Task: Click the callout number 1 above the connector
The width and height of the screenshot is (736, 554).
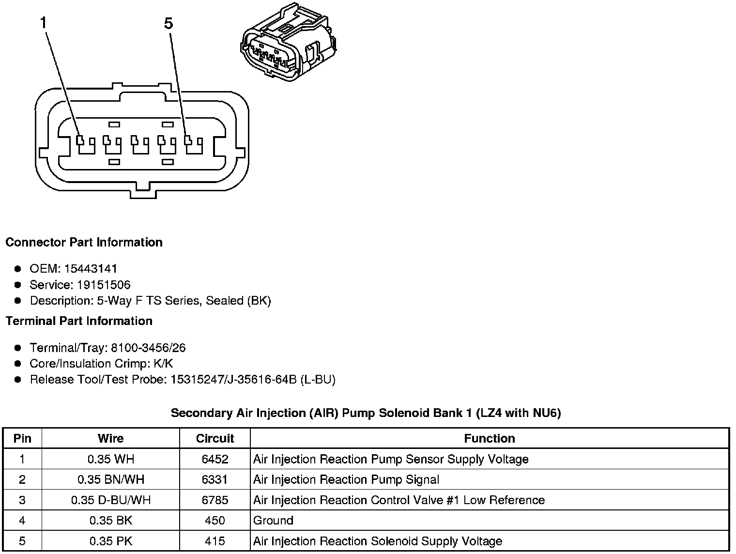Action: [44, 23]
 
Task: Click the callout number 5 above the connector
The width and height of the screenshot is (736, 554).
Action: [168, 23]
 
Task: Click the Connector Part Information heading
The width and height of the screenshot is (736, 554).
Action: [84, 242]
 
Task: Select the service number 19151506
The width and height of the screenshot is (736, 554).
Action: [104, 285]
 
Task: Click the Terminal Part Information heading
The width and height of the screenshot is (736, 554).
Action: [79, 321]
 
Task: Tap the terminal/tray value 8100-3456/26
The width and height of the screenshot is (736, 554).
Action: [148, 348]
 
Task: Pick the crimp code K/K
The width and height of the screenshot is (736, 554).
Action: [163, 364]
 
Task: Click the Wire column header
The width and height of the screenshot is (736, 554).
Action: [110, 438]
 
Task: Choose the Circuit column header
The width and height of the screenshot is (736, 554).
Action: [215, 438]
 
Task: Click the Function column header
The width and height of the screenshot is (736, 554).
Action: [489, 438]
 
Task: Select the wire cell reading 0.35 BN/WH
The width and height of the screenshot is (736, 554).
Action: [110, 479]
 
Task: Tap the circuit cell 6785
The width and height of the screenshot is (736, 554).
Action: [215, 500]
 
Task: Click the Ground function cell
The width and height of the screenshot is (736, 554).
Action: [273, 521]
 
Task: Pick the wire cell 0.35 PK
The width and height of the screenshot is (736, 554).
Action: [110, 541]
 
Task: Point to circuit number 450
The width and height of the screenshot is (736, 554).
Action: [215, 521]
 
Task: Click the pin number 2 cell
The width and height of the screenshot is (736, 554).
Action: [22, 479]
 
